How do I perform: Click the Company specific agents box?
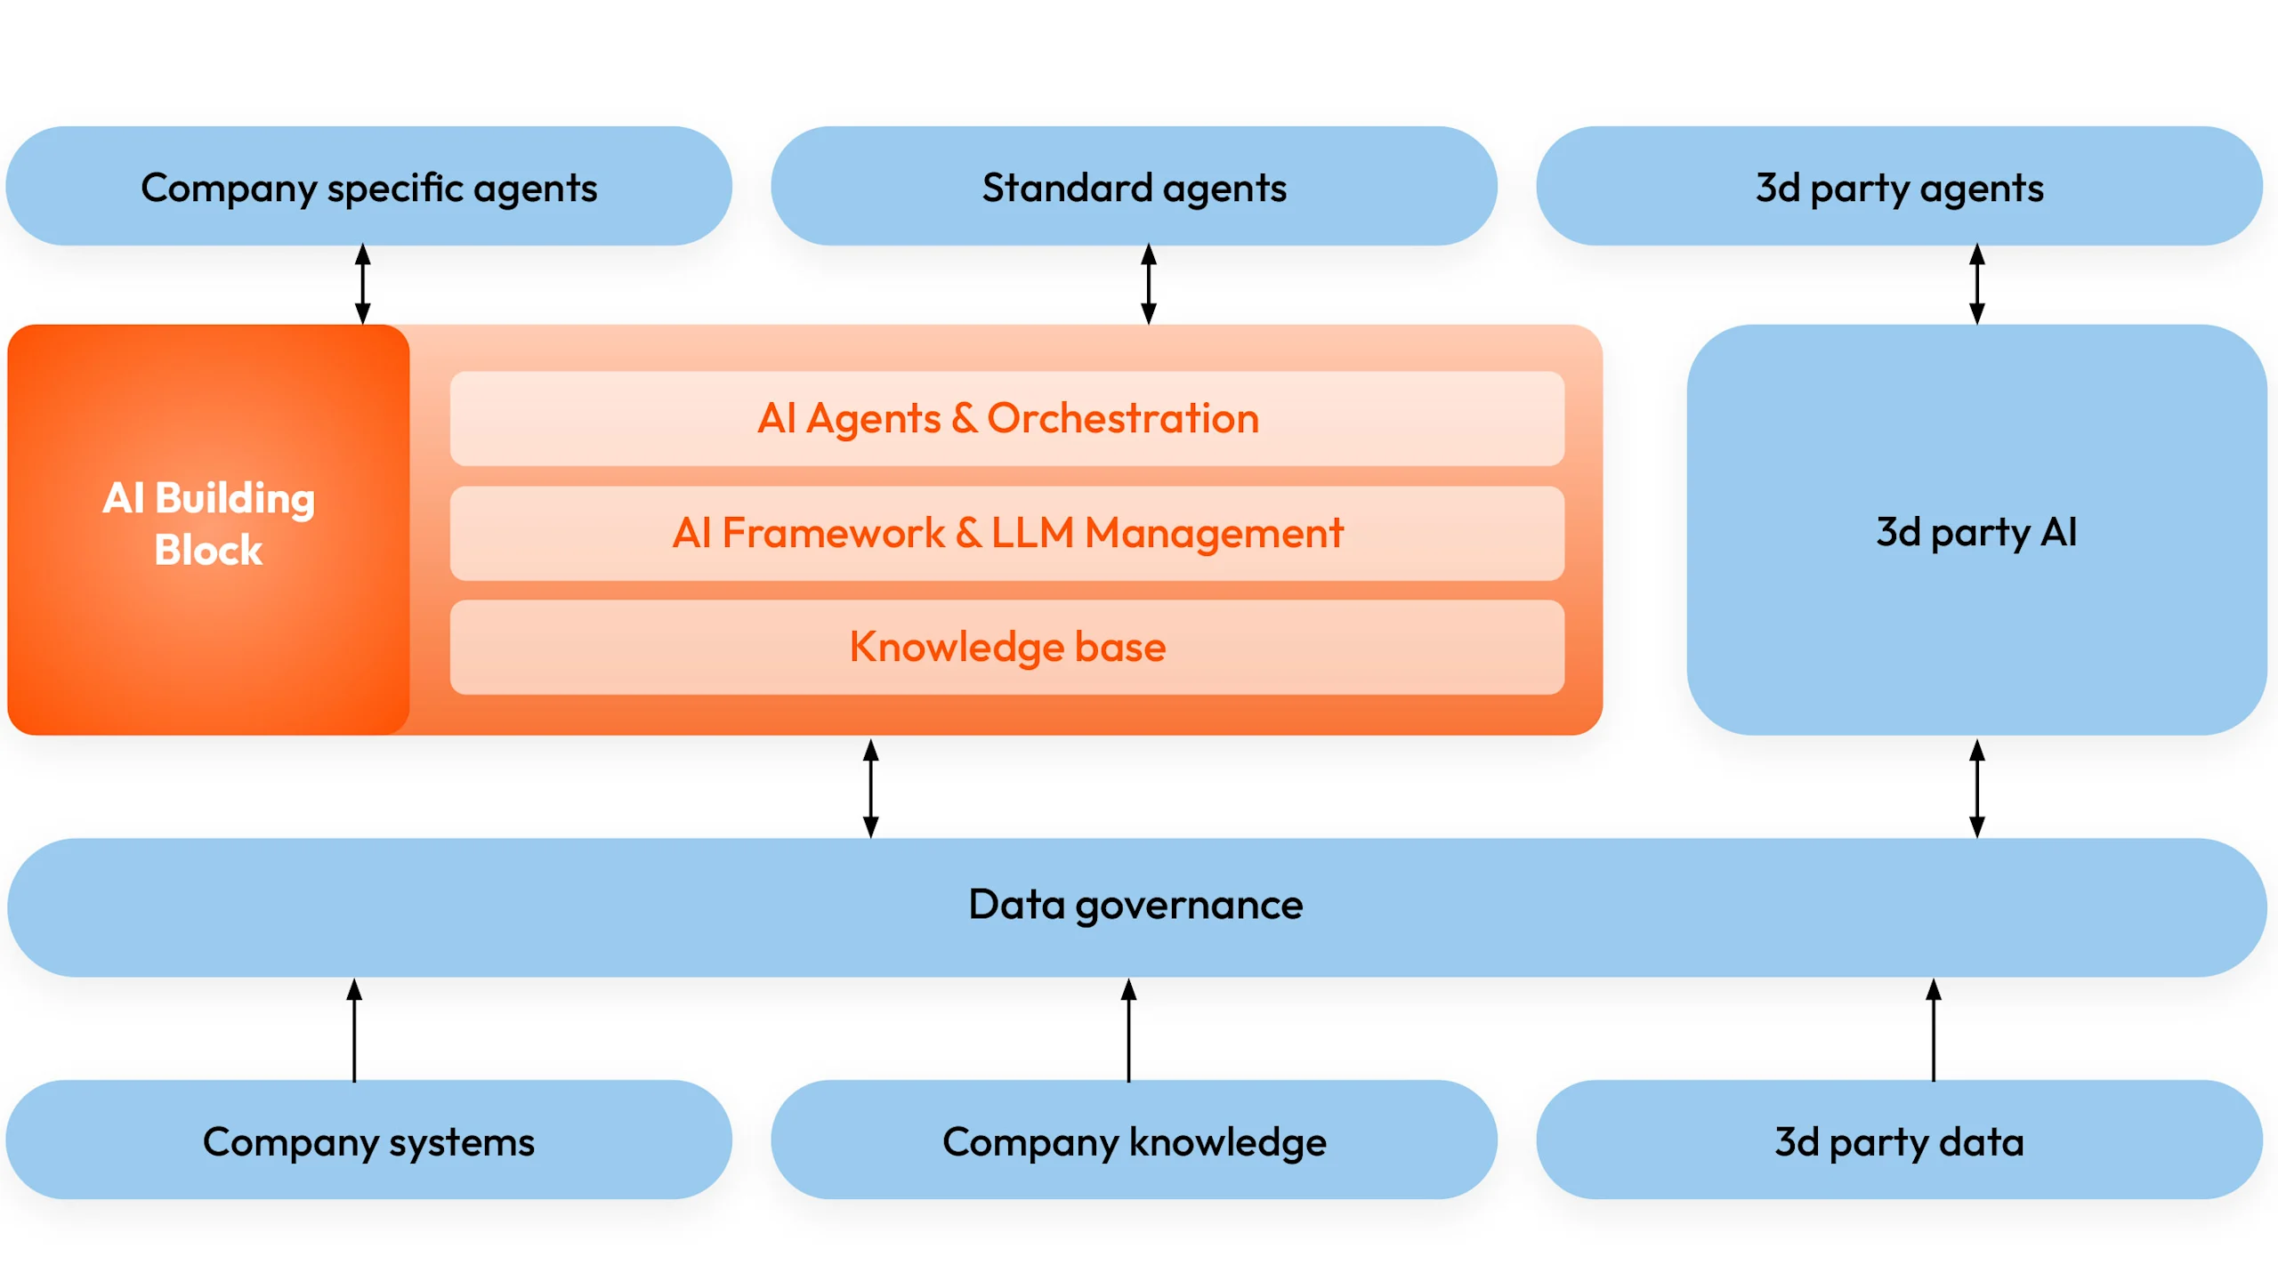pos(368,187)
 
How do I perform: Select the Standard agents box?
pos(1134,187)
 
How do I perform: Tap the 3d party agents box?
pos(1899,187)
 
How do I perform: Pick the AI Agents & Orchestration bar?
pos(1007,418)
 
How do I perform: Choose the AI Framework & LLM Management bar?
pos(1007,533)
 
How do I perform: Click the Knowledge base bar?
pos(1007,647)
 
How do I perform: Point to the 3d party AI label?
pos(1976,532)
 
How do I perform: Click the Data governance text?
pos(1135,905)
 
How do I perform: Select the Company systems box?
pos(368,1141)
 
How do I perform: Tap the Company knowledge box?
pos(1134,1141)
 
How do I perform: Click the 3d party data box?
pos(1899,1141)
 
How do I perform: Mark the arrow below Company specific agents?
pos(363,284)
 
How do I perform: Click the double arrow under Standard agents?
pos(1149,284)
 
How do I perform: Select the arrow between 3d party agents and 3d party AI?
pos(1977,284)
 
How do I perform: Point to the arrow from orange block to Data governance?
pos(871,788)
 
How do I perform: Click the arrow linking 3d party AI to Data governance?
pos(1977,788)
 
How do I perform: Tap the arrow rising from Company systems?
pos(354,1030)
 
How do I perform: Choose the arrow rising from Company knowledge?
pos(1128,1030)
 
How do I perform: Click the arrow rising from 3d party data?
pos(1934,1030)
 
